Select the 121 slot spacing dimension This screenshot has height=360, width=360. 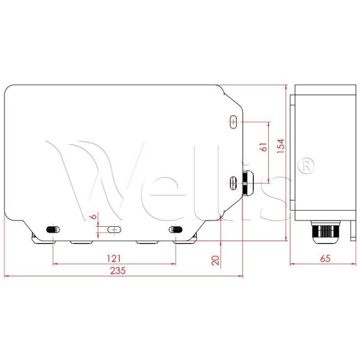tap(114, 258)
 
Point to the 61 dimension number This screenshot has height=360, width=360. tap(263, 148)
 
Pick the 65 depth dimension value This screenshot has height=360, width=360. tap(324, 259)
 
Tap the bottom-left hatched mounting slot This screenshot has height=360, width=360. tap(53, 229)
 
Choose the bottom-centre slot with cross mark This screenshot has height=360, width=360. tap(113, 229)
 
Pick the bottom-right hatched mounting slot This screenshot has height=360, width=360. tap(176, 229)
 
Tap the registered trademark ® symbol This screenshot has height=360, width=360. tap(307, 164)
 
